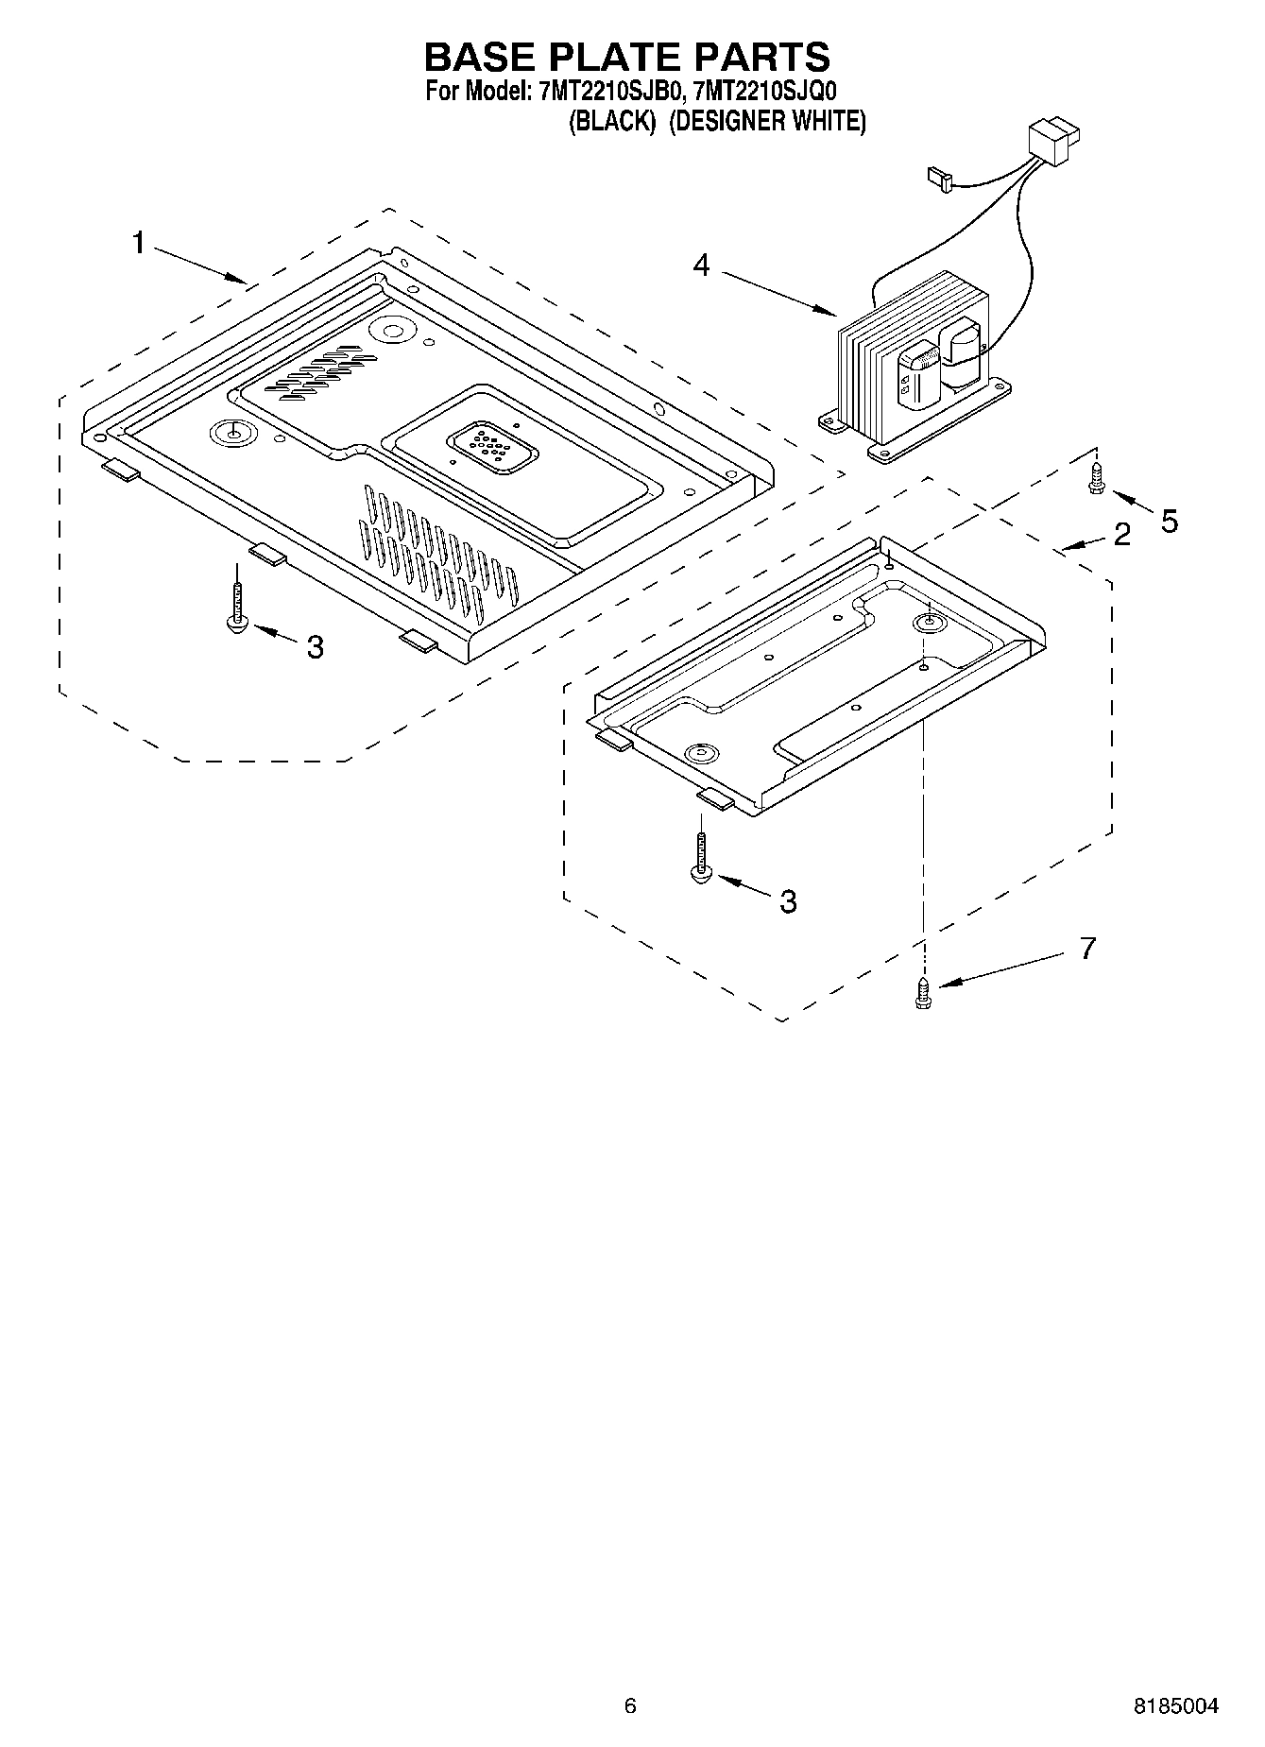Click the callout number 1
pos(139,244)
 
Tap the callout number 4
pos(701,265)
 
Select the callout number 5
pos(1170,521)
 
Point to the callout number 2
pos(1121,535)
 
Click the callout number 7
pos(1087,948)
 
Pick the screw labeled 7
pos(923,993)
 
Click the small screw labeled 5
pos(1096,477)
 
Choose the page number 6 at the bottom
pos(630,1705)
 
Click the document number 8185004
pos(1176,1706)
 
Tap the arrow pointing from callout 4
pos(779,292)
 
